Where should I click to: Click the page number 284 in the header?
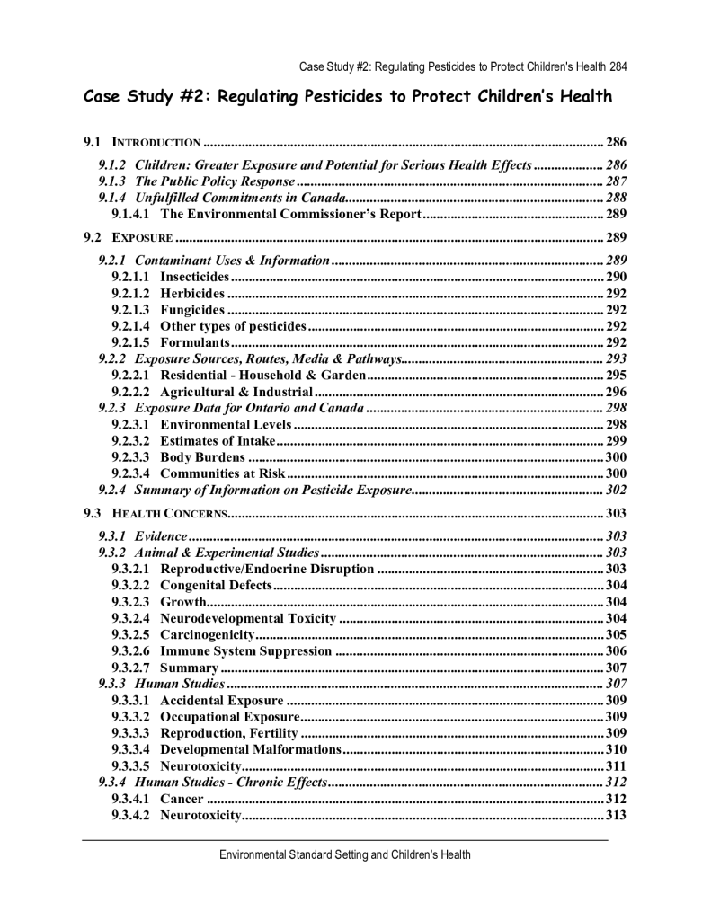point(617,66)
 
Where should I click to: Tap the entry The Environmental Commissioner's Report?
point(290,214)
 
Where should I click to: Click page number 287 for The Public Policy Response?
point(615,181)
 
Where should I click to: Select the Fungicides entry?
point(192,310)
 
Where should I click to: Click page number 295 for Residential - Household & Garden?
point(615,375)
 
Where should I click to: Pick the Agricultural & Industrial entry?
point(236,392)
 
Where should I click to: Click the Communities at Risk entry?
point(222,473)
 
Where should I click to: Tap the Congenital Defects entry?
point(216,585)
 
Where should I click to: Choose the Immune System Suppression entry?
point(245,651)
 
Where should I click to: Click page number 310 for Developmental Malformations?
point(616,749)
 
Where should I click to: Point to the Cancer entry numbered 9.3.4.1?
point(182,799)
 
